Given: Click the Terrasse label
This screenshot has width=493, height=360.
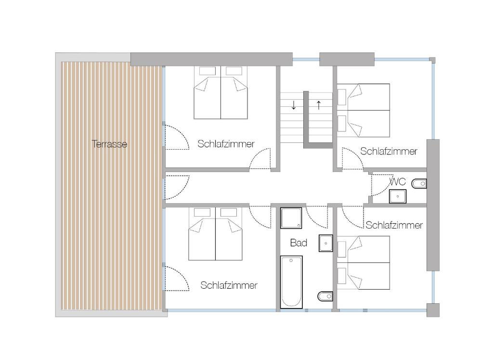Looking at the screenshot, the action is pyautogui.click(x=109, y=144).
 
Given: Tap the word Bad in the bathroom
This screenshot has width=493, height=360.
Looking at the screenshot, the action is pyautogui.click(x=298, y=243).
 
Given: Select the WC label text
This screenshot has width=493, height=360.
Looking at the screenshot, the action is pyautogui.click(x=397, y=181).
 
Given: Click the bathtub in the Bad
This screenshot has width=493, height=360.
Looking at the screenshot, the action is pyautogui.click(x=291, y=282).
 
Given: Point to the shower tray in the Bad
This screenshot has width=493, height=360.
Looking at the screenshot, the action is pyautogui.click(x=291, y=218).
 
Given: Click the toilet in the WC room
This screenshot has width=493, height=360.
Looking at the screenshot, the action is pyautogui.click(x=419, y=183).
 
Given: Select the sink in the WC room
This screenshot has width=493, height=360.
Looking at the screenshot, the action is pyautogui.click(x=398, y=196).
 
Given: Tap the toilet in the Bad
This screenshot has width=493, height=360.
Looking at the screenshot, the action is pyautogui.click(x=325, y=296).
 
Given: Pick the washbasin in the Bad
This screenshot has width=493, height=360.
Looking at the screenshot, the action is pyautogui.click(x=326, y=243).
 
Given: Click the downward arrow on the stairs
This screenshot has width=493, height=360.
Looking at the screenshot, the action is pyautogui.click(x=294, y=105).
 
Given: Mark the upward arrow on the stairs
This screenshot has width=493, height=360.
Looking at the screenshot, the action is pyautogui.click(x=319, y=105).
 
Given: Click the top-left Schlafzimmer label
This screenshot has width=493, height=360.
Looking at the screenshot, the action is pyautogui.click(x=226, y=144).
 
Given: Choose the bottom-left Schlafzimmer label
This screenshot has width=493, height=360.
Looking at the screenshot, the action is pyautogui.click(x=229, y=285).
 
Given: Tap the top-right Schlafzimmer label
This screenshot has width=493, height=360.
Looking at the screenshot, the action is pyautogui.click(x=389, y=151).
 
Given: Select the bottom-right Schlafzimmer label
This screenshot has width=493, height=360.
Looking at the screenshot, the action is pyautogui.click(x=394, y=225).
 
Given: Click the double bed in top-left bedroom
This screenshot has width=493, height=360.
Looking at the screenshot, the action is pyautogui.click(x=221, y=92).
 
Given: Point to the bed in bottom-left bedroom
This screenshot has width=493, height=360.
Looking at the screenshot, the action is pyautogui.click(x=215, y=234).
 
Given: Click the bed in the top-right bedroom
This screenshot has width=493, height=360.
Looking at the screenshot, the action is pyautogui.click(x=363, y=110).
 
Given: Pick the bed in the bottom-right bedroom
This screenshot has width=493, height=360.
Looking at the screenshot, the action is pyautogui.click(x=363, y=262).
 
